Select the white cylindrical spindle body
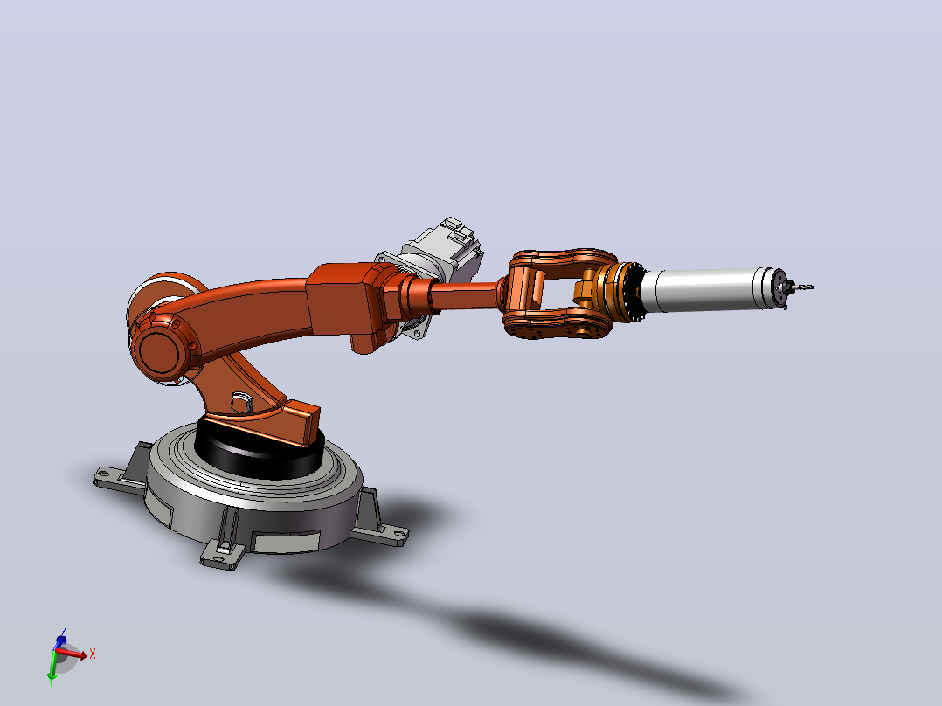click(x=709, y=289)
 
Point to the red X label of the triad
click(x=93, y=654)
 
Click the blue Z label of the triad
click(x=63, y=630)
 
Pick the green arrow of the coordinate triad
click(x=52, y=667)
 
